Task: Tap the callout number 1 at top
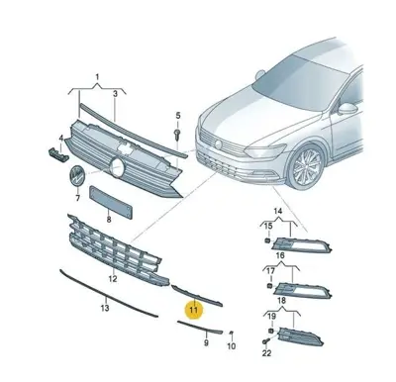[97, 75]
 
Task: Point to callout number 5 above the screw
[178, 114]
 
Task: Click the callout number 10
[232, 347]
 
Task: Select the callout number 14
[278, 212]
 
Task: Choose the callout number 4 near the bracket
[61, 139]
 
